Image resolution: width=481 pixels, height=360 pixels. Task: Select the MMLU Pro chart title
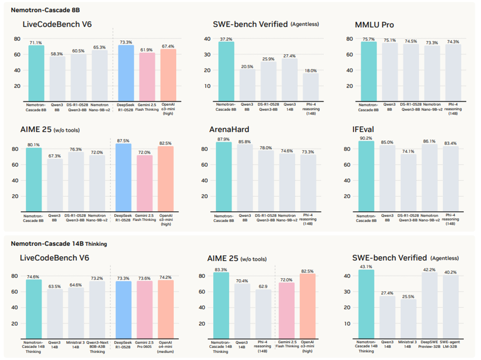[x=374, y=25]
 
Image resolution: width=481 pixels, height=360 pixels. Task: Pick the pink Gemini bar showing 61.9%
[x=146, y=76]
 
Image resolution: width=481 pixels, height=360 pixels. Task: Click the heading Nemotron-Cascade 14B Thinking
[x=59, y=243]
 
